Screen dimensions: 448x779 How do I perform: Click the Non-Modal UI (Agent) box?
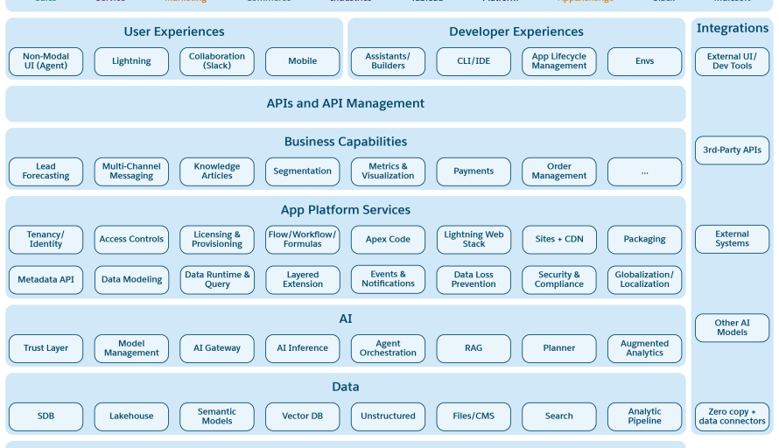coord(46,61)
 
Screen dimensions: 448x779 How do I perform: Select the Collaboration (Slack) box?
coord(217,61)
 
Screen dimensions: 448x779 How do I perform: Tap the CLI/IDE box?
coord(474,61)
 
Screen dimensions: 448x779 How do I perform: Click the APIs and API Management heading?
coord(345,103)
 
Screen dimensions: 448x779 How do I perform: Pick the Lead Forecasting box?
coord(46,171)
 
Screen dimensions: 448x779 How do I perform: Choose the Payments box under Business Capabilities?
coord(474,171)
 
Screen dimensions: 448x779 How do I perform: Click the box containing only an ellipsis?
coord(644,171)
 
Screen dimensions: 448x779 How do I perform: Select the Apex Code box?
coord(388,240)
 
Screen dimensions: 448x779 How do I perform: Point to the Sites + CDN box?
coord(558,240)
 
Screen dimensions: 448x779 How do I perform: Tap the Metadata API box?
coord(46,280)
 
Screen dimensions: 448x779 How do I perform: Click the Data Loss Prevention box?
coord(474,280)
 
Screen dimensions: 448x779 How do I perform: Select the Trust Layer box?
coord(46,348)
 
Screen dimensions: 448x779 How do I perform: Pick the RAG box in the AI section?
coord(474,348)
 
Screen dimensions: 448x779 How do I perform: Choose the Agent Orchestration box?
coord(388,348)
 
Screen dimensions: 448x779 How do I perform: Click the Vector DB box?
coord(302,416)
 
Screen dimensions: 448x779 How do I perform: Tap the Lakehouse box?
coord(131,416)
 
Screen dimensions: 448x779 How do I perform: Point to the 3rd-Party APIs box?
coord(732,150)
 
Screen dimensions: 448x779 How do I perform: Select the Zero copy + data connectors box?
coord(732,416)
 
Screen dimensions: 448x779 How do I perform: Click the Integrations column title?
coord(732,29)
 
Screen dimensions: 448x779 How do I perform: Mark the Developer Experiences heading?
coord(516,32)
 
